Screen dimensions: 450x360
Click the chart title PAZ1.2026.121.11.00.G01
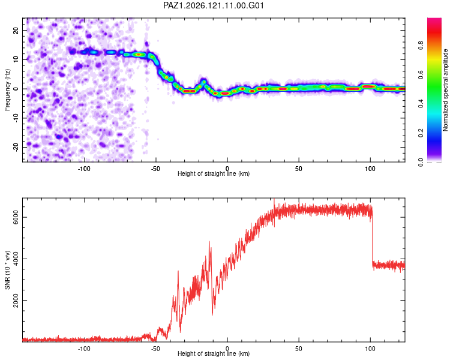[x=214, y=5]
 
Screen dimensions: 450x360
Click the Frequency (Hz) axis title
[x=7, y=90]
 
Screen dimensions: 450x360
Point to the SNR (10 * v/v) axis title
[x=7, y=270]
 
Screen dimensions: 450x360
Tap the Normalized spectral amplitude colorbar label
[x=445, y=90]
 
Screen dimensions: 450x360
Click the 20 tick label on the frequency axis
[x=16, y=31]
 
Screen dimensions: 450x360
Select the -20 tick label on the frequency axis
[x=16, y=147]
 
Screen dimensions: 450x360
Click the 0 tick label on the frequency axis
[x=16, y=89]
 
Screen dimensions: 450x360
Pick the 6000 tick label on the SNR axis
[x=16, y=217]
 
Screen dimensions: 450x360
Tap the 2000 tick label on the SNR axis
[x=16, y=300]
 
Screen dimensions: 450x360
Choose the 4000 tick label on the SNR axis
[x=16, y=259]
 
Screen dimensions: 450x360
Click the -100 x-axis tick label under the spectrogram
[x=84, y=169]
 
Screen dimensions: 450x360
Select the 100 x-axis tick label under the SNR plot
[x=370, y=349]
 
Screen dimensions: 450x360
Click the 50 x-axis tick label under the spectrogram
[x=298, y=169]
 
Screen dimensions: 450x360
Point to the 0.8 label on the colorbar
[x=421, y=45]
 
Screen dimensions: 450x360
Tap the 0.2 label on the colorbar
[x=421, y=133]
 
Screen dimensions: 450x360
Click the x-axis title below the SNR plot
[x=214, y=353]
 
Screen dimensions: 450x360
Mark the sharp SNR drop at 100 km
[x=372, y=238]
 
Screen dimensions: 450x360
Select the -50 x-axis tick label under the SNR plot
[x=155, y=349]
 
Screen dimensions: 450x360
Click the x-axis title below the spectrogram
[x=214, y=173]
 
